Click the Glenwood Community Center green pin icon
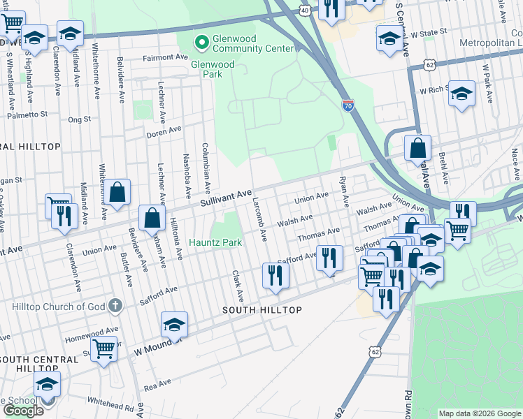pos(202,43)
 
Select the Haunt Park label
pos(215,242)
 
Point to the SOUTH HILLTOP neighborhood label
pos(262,310)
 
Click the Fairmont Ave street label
pos(166,57)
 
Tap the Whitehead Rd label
pos(110,404)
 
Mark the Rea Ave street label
pos(158,383)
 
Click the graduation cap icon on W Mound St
pos(174,324)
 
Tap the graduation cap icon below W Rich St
pos(461,94)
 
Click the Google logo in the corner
pos(23,411)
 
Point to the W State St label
pos(428,32)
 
